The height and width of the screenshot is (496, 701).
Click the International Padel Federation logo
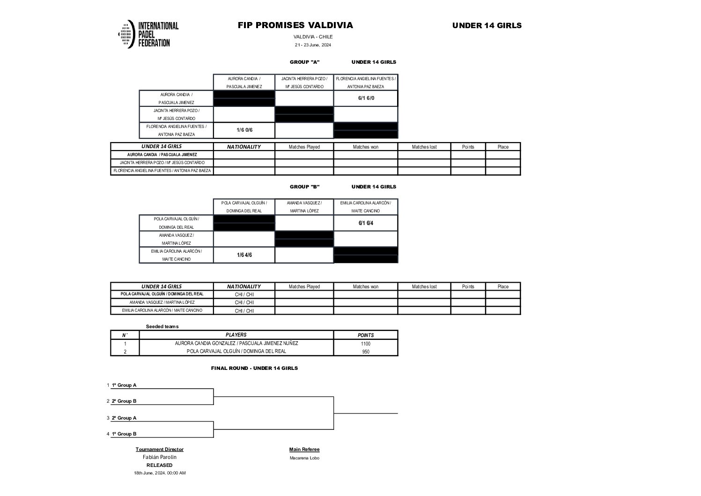tap(148, 34)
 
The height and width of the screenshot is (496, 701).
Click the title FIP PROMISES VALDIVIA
tap(295, 25)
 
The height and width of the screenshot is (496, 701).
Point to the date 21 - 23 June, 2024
tap(313, 45)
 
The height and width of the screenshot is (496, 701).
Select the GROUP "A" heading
tap(304, 62)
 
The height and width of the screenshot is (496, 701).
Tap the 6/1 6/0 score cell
tap(366, 98)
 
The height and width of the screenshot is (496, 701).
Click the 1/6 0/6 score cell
tap(244, 130)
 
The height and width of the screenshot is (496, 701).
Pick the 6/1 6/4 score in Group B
tap(366, 223)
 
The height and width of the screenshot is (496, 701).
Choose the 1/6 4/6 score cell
tap(244, 255)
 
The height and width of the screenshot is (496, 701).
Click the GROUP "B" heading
tap(304, 187)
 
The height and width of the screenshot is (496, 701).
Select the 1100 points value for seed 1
tap(366, 344)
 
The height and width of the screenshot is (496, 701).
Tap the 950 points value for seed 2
tap(366, 352)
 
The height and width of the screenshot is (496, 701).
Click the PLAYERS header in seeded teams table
tap(236, 335)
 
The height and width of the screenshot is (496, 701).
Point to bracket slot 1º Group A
tap(124, 385)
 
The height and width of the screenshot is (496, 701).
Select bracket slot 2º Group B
tap(124, 401)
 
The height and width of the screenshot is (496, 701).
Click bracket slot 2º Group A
tap(124, 418)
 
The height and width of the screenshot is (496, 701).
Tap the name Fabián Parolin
tap(160, 457)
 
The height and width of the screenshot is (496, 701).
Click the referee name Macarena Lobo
tap(304, 458)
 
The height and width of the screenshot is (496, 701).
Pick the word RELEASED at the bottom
tap(160, 465)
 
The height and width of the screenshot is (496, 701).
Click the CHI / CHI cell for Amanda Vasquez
tap(244, 302)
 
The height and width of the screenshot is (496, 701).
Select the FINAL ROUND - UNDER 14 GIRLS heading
tap(254, 368)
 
